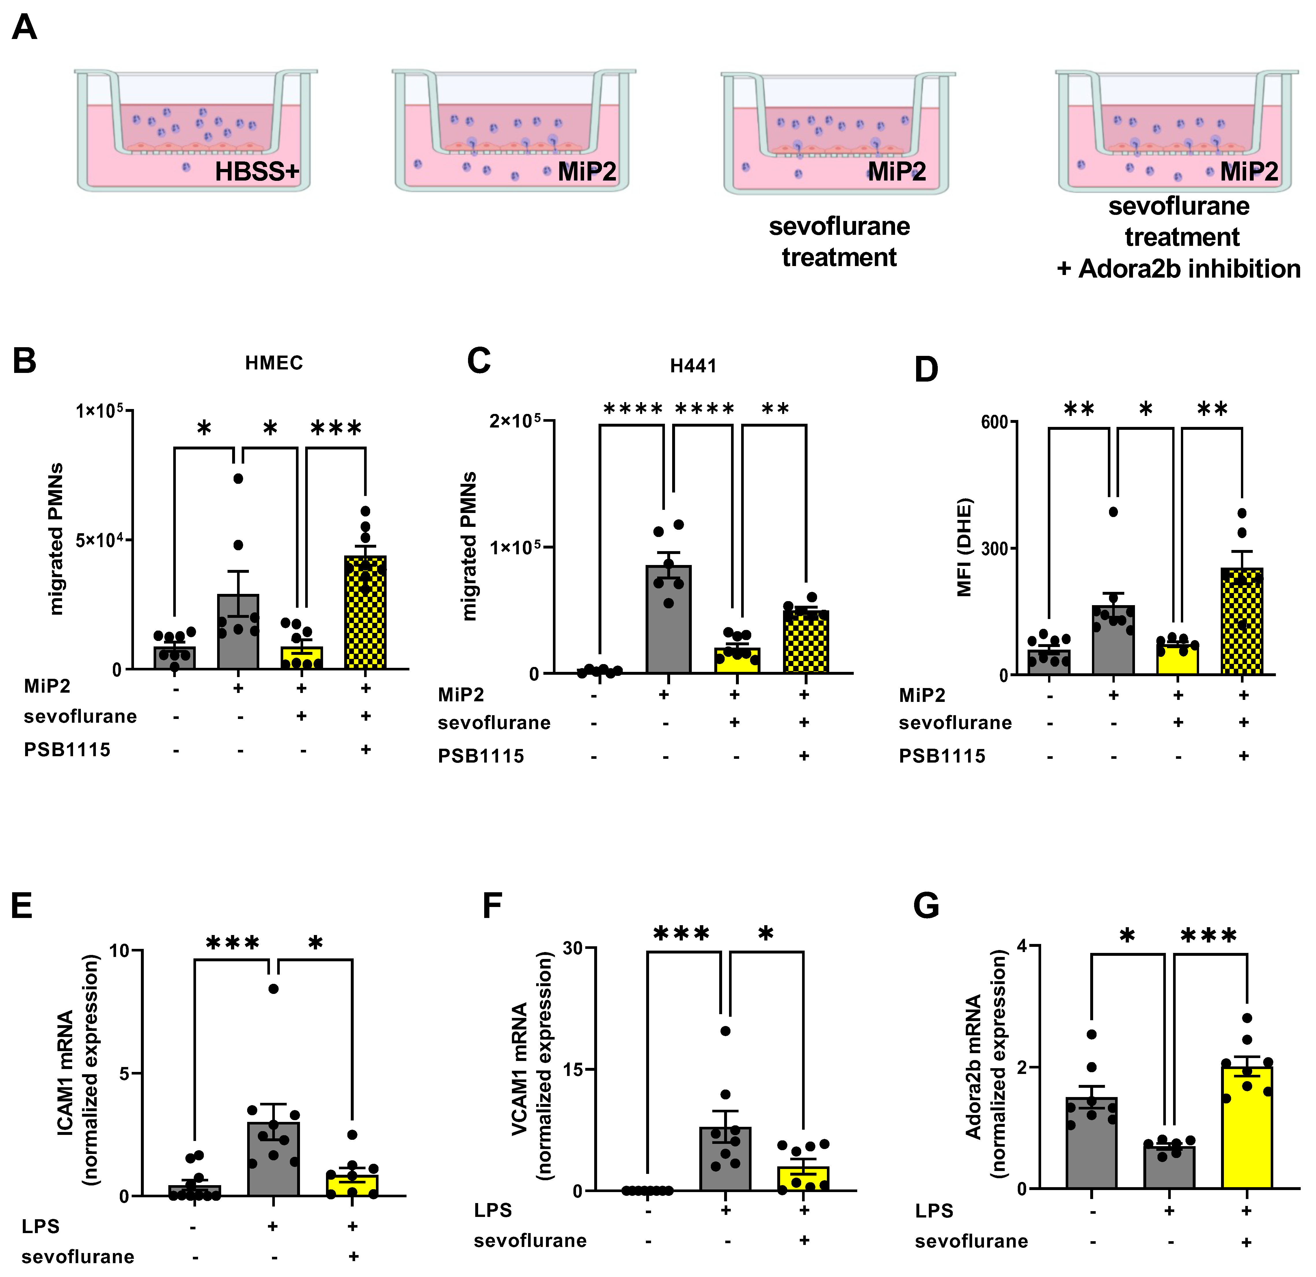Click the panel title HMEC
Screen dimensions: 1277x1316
tap(274, 363)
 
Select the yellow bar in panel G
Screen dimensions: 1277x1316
tap(1247, 1129)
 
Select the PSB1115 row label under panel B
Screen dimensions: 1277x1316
tap(67, 750)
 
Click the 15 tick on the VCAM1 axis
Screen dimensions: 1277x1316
tap(573, 1069)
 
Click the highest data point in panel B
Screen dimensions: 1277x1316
tap(238, 478)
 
